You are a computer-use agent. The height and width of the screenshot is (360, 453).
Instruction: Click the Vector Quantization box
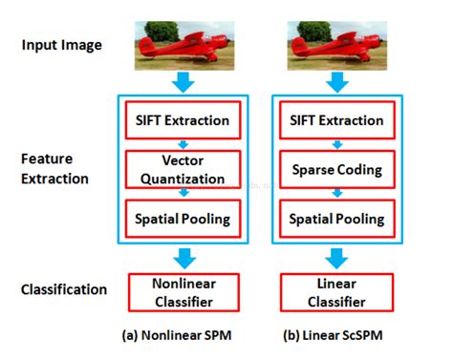(x=180, y=169)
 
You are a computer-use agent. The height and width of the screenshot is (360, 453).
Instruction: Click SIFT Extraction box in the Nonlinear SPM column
(x=180, y=120)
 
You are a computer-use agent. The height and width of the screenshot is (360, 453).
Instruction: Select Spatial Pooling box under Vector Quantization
(x=180, y=219)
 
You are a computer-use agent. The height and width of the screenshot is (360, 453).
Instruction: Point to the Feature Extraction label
(x=54, y=169)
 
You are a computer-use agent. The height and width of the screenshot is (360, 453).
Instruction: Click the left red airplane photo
(x=180, y=44)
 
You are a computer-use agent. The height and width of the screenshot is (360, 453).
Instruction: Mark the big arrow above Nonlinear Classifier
(x=180, y=256)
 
